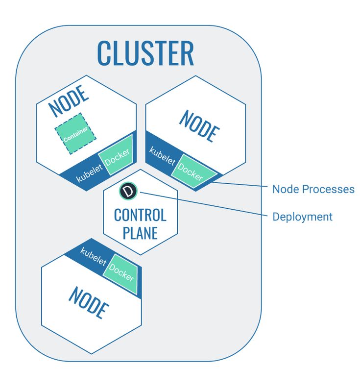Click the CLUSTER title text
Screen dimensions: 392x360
click(145, 52)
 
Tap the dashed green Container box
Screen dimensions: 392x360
click(75, 134)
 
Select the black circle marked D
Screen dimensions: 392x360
click(129, 191)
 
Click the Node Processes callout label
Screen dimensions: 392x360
click(313, 189)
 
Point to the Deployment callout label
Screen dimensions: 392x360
click(302, 217)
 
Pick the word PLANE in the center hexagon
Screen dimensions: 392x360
click(140, 232)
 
